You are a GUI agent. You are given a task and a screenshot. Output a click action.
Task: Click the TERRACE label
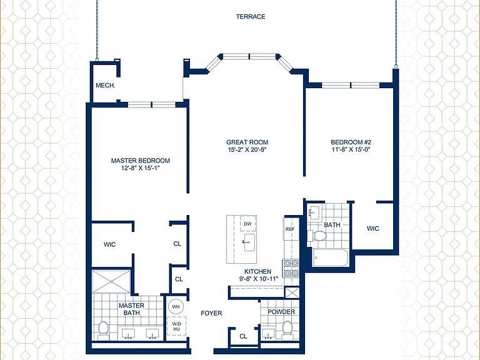(251, 16)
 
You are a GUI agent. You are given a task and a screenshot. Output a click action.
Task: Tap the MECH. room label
(106, 86)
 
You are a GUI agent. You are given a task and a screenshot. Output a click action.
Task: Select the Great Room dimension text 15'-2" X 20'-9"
(247, 150)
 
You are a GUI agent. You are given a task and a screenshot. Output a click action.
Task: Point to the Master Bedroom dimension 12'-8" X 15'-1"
(141, 168)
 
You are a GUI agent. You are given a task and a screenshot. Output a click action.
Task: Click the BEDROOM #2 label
(351, 142)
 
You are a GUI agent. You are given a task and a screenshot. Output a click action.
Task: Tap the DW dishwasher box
(248, 224)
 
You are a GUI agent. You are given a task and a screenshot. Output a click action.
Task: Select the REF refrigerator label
(290, 229)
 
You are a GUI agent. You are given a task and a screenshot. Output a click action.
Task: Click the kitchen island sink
(249, 242)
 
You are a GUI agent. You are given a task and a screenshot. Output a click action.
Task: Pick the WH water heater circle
(176, 306)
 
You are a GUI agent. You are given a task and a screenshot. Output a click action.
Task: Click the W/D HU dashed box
(176, 326)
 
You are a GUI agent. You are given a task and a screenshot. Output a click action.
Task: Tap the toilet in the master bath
(104, 330)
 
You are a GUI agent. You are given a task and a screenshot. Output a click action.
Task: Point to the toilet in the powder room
(287, 330)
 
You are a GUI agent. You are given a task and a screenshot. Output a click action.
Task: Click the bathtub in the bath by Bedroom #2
(330, 257)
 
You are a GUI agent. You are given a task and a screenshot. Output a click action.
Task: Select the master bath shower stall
(111, 281)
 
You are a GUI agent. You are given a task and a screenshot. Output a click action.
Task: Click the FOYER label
(211, 313)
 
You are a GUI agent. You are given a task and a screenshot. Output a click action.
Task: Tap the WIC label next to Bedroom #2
(372, 228)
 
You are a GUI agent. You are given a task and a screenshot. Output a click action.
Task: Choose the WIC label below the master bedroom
(109, 244)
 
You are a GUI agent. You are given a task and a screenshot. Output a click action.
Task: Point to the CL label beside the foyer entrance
(243, 336)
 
